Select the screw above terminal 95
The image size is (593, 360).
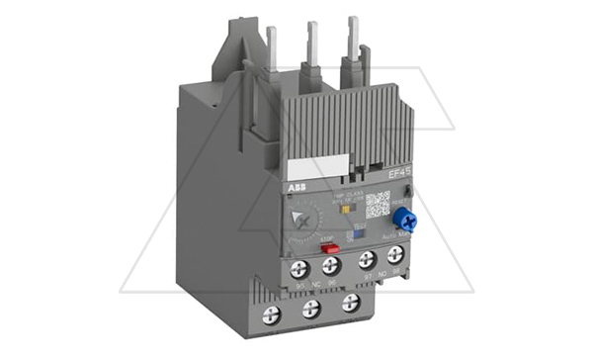298,268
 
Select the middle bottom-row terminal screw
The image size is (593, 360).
311,312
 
